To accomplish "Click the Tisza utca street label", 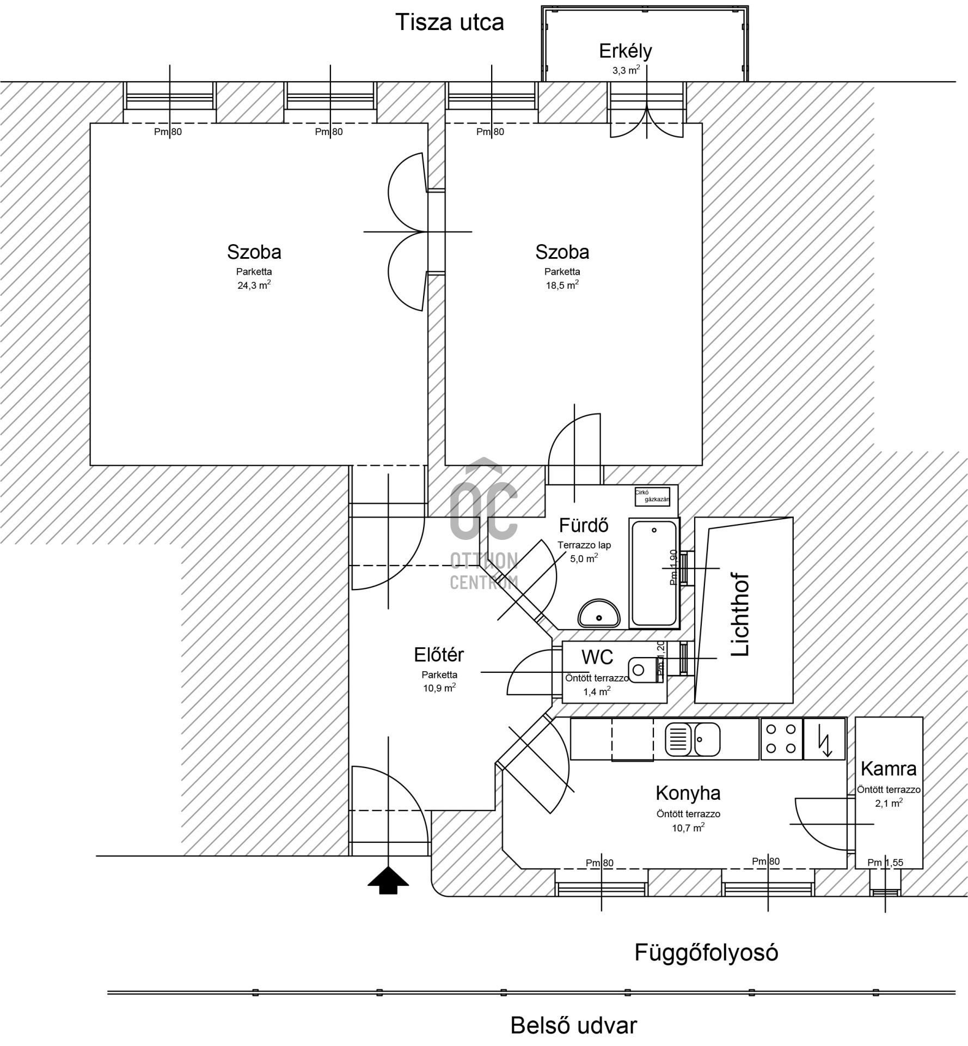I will [449, 22].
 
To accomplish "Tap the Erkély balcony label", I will [625, 51].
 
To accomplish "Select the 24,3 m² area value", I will [254, 285].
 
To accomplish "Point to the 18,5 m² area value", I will [562, 285].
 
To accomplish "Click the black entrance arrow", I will [388, 881].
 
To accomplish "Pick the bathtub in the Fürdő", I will [654, 573].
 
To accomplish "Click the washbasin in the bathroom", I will [599, 613].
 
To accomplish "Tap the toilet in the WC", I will [645, 670].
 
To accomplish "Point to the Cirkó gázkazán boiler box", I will [652, 496].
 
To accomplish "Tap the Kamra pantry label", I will [889, 769].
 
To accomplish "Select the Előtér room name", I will [439, 654].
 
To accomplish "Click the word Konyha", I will [688, 793].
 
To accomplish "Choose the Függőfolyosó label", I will [706, 953].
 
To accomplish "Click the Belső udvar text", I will [573, 1026].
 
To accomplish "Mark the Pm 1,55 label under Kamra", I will [885, 862].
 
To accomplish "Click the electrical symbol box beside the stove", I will [824, 739].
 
